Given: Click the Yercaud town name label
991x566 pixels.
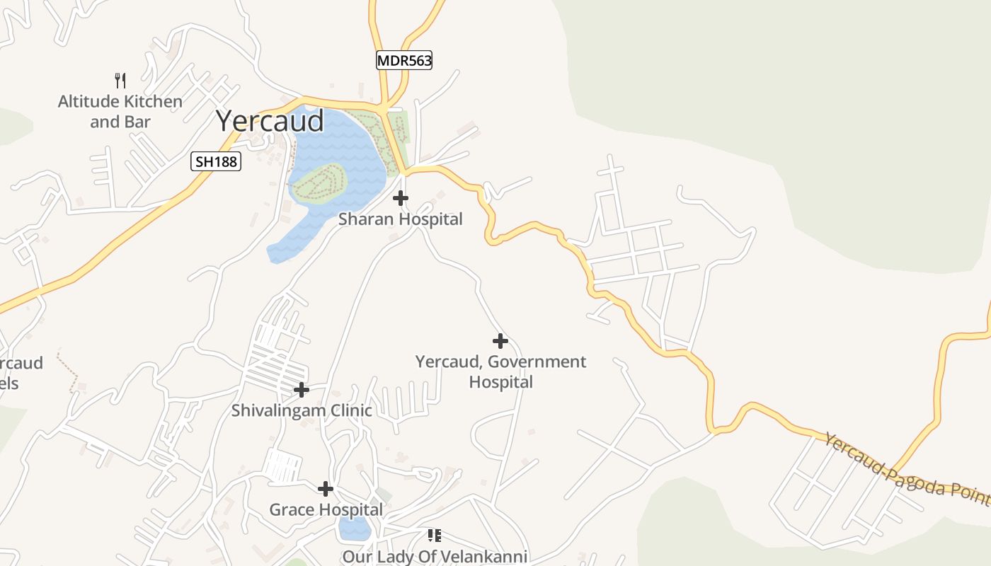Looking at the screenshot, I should tap(270, 121).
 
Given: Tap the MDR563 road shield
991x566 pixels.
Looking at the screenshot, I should tap(403, 61).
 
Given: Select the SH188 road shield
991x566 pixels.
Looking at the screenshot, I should tap(217, 162).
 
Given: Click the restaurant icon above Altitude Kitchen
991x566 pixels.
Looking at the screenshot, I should tap(120, 80).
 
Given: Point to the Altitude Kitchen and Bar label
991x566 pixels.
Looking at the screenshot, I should tap(120, 112).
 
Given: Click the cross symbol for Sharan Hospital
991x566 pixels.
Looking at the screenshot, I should tap(401, 198).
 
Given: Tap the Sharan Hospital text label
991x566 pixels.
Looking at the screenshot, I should tap(400, 219).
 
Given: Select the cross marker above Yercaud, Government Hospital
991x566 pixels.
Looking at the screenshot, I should tap(500, 341).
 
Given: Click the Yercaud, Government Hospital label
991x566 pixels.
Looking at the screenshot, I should tap(500, 371).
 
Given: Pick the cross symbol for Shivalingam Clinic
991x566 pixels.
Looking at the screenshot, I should tap(302, 390).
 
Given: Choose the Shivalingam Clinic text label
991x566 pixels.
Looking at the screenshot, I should tap(302, 410).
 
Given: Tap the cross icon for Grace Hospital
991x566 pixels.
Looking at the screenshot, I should tap(326, 489).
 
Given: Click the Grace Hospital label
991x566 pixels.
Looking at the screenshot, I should tap(326, 509).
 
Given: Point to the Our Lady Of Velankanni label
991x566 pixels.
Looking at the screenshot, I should tap(435, 557).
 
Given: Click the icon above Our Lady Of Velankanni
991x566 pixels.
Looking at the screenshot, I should tap(435, 536).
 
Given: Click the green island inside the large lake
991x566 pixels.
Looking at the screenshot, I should tap(319, 183).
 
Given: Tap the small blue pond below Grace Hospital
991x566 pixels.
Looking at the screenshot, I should tap(353, 527).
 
